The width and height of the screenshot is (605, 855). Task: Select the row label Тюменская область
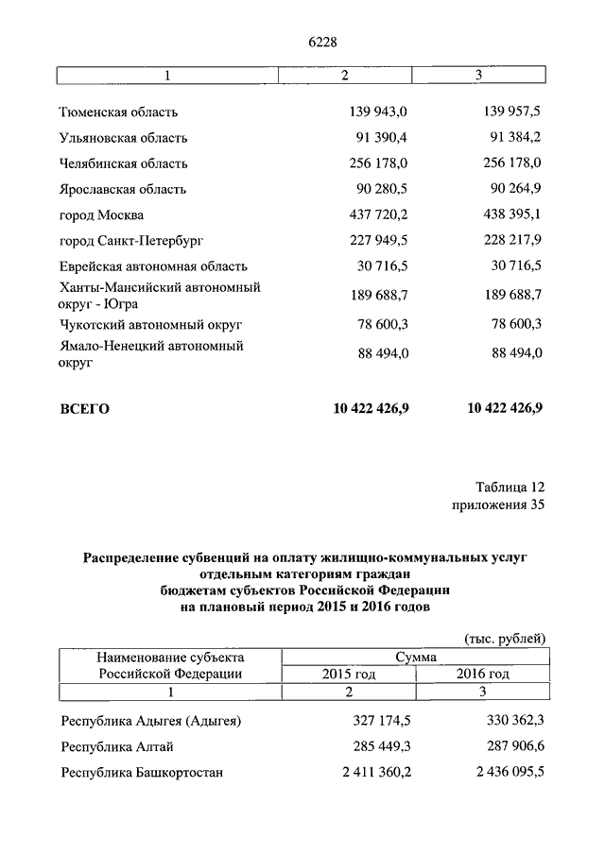[118, 112]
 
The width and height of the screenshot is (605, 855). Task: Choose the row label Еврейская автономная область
[153, 267]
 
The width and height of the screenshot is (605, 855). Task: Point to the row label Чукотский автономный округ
[151, 324]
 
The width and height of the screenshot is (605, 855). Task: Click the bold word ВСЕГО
[85, 409]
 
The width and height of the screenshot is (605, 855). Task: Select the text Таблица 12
[510, 487]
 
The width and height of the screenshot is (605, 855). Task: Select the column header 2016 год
[483, 674]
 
